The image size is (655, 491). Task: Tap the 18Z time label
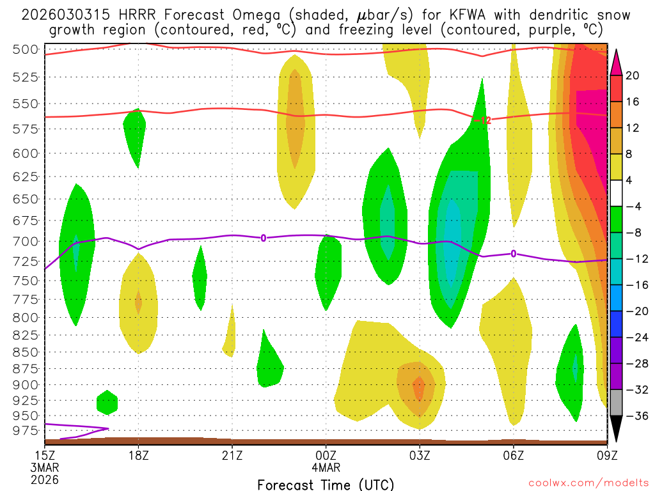tap(139, 455)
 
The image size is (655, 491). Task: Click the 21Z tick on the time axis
tap(232, 455)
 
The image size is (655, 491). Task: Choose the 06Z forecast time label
tap(514, 455)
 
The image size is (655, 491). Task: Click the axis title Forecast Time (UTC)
tap(326, 484)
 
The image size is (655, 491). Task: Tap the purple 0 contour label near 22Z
tap(263, 238)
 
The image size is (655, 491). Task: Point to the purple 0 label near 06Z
tap(513, 254)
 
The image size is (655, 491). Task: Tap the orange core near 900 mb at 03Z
tap(418, 387)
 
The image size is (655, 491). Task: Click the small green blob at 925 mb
tap(107, 402)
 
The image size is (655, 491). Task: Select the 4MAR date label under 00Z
tap(326, 468)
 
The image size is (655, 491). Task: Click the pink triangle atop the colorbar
tap(616, 62)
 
